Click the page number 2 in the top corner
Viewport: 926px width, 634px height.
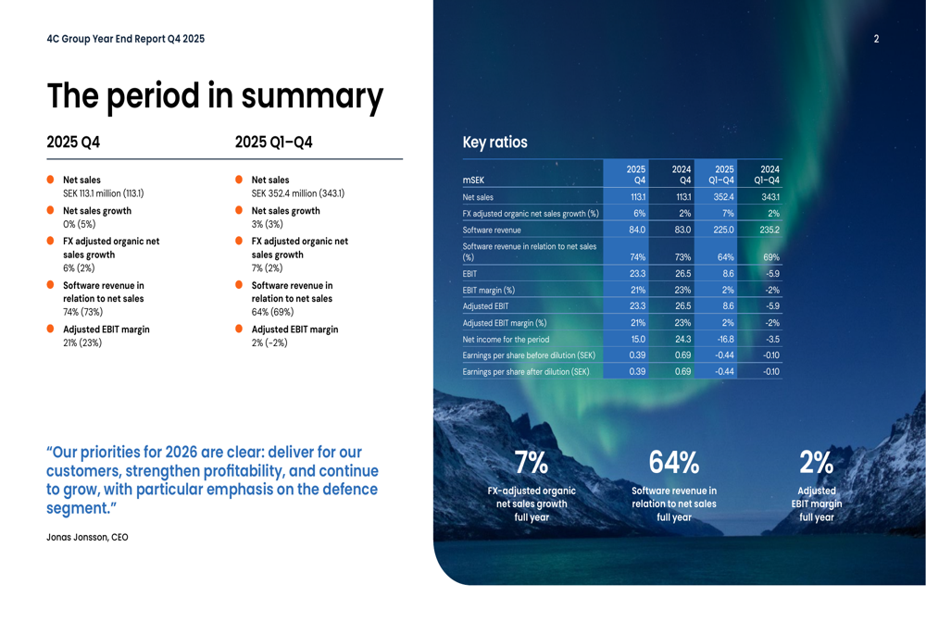876,39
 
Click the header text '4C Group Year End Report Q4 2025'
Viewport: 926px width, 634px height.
125,39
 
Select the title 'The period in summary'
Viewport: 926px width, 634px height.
215,96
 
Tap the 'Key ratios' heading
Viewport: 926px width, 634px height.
494,143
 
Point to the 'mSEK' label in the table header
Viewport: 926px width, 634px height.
473,180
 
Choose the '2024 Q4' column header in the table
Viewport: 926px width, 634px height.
681,175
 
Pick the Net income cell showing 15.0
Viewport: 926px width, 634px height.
637,340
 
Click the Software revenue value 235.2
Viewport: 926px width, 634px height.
769,230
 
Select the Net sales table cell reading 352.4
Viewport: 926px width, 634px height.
723,197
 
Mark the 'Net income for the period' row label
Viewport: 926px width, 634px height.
506,340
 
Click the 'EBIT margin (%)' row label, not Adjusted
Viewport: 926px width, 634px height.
489,291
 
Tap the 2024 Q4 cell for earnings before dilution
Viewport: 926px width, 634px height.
682,355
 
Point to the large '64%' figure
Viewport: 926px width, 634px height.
673,463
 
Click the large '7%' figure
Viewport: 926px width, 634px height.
532,463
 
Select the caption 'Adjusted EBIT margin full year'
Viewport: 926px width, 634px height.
816,504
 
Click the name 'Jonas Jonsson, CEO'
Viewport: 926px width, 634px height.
87,538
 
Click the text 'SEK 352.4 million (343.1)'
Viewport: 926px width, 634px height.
297,194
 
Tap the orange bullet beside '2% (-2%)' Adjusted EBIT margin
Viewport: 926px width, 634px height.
239,329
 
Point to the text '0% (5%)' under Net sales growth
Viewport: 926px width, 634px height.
79,224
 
